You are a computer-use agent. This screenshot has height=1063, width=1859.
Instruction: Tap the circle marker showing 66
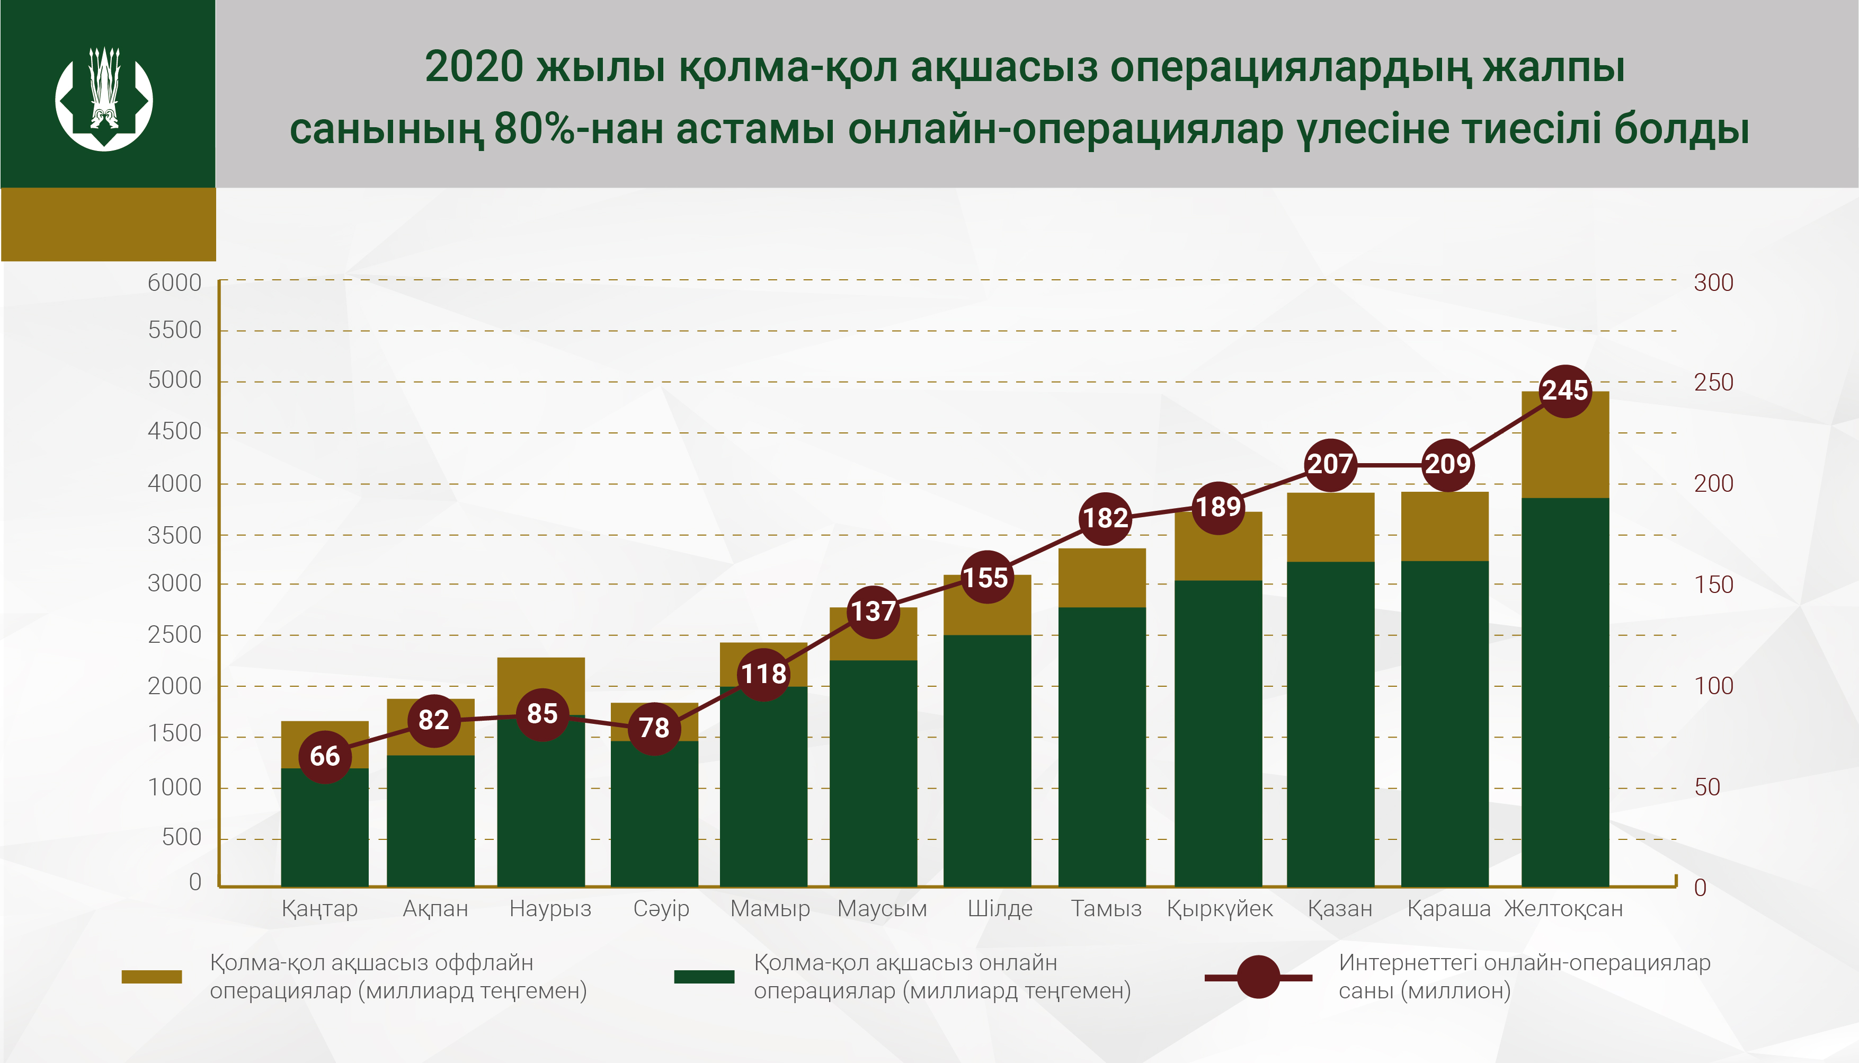coord(325,756)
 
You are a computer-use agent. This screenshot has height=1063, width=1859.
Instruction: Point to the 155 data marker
coord(986,578)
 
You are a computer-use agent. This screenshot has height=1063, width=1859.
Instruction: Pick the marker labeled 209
coord(1448,464)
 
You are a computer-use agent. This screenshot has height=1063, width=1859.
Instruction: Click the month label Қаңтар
coord(319,909)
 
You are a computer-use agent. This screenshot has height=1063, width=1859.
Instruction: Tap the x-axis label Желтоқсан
coord(1563,909)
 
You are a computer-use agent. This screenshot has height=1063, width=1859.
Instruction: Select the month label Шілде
coord(1000,909)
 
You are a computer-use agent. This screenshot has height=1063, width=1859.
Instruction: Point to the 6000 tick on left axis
coord(174,282)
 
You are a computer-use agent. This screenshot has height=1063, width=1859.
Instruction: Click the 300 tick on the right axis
coord(1713,282)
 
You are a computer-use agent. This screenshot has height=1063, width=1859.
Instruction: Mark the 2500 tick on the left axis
coord(174,634)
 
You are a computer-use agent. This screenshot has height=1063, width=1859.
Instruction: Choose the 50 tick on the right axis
coord(1707,787)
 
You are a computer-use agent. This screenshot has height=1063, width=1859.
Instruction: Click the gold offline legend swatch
coord(152,977)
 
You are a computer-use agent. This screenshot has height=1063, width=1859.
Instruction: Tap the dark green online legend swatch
coord(704,977)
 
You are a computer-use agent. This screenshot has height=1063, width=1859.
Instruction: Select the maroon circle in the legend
coord(1258,977)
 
